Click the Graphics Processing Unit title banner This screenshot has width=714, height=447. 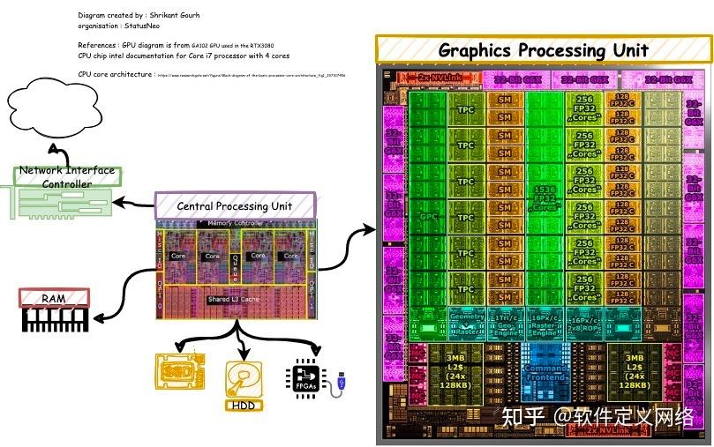(543, 49)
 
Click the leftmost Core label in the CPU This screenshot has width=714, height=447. (177, 257)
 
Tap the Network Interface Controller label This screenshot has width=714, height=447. (67, 176)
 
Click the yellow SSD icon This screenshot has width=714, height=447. (180, 371)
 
